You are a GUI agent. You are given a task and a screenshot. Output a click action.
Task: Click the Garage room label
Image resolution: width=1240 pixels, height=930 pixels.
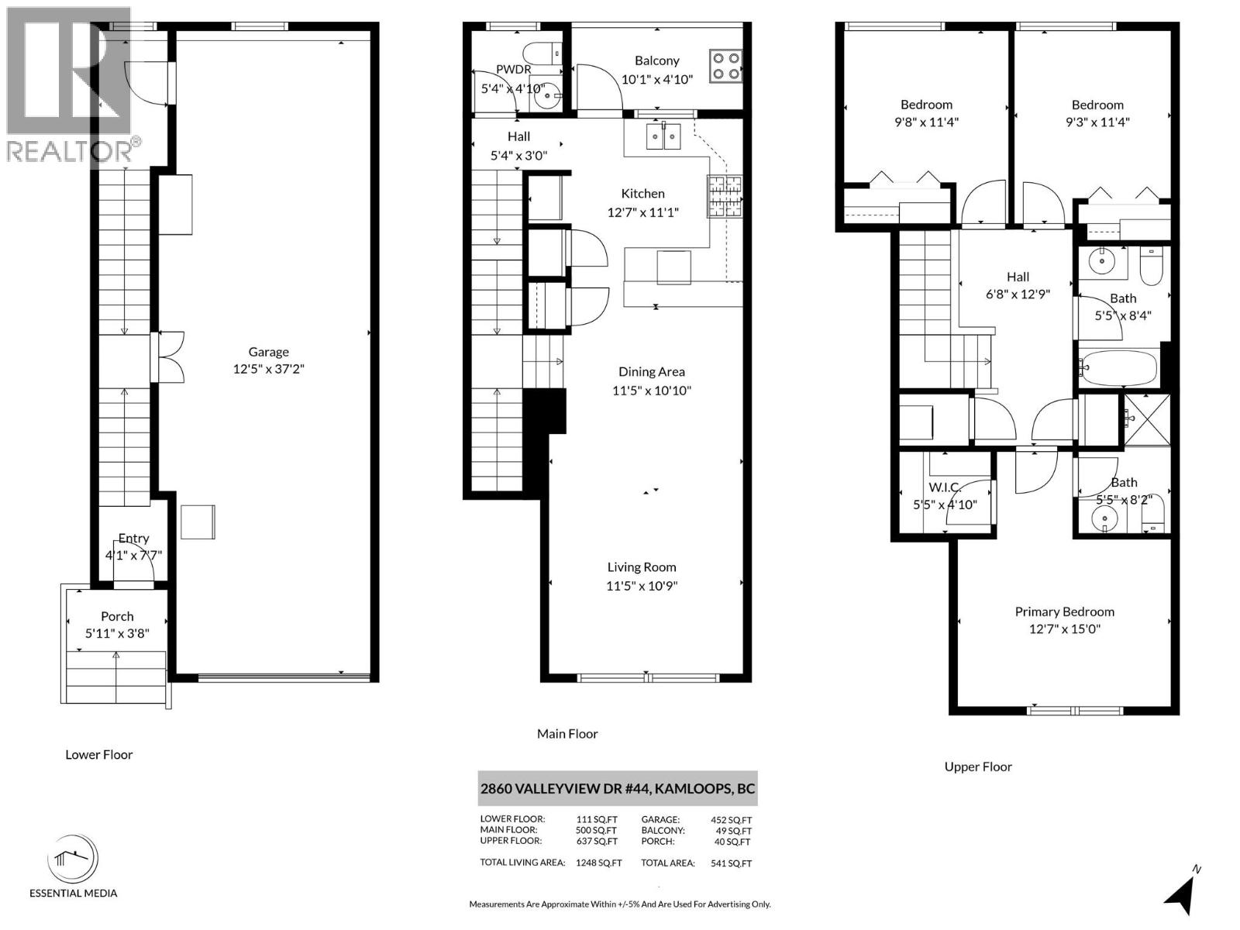(x=268, y=352)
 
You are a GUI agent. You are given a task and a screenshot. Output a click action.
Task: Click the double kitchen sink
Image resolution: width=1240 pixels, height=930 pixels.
(x=664, y=137)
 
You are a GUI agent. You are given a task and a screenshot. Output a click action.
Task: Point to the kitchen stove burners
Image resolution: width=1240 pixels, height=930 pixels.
(x=724, y=195)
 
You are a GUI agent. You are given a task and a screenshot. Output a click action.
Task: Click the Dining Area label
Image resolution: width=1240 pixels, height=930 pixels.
(x=651, y=372)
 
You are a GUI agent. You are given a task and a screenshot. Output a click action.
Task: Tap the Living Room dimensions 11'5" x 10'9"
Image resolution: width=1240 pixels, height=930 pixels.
(x=642, y=586)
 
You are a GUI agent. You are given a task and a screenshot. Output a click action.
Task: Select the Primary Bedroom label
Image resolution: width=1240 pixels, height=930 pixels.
(x=1064, y=611)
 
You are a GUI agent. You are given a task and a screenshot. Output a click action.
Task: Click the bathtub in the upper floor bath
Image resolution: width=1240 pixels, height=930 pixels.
(x=1119, y=367)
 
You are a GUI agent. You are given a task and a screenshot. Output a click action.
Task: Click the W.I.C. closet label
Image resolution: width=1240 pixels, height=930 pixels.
(x=945, y=487)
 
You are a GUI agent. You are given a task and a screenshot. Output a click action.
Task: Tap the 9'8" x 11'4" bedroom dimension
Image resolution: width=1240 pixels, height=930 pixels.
(x=926, y=122)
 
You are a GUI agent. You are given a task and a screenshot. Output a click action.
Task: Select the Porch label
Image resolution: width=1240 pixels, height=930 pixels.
(x=117, y=616)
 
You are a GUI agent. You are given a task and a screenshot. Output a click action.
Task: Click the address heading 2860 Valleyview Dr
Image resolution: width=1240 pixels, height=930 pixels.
(x=617, y=789)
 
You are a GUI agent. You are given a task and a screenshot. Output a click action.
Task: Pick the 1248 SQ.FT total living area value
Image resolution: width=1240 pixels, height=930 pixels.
(x=598, y=863)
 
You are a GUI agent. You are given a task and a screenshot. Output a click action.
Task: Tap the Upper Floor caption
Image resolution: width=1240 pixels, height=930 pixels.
(x=978, y=766)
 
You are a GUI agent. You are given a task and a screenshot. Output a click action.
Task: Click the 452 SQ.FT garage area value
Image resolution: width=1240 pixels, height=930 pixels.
(x=731, y=820)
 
